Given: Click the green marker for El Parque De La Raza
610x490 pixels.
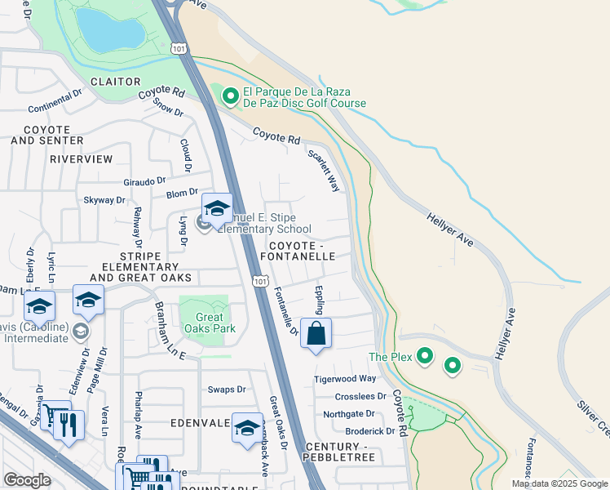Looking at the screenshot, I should [230, 97].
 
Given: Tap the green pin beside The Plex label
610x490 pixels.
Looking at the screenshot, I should [424, 356].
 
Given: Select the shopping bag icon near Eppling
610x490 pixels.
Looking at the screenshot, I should [316, 334].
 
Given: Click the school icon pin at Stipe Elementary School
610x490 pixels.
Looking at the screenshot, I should [217, 209].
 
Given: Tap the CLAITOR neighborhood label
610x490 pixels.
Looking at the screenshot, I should [116, 82].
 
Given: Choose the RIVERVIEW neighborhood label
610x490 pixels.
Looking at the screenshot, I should [81, 159].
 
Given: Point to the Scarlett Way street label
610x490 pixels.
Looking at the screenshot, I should [324, 170].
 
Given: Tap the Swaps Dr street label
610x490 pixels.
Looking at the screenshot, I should [227, 390].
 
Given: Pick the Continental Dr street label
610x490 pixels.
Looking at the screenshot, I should [55, 109].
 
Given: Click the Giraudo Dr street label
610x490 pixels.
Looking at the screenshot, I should [144, 180].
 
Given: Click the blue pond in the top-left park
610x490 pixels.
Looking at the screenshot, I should [109, 31].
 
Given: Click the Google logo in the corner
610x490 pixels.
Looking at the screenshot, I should [27, 479].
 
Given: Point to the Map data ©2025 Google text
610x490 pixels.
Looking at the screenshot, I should [560, 483].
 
